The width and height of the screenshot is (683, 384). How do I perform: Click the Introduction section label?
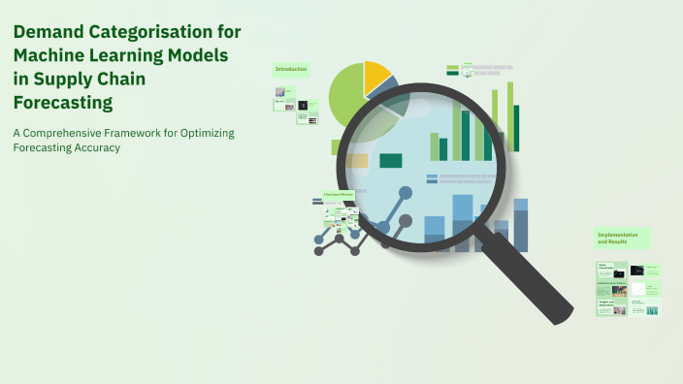pos(291,70)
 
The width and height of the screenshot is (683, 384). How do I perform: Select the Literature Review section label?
pos(339,195)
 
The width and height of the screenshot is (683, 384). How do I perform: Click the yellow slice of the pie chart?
pos(375,76)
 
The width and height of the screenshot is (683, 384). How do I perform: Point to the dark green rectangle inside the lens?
pos(390,161)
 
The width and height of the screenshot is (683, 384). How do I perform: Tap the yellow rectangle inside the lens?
pos(356,161)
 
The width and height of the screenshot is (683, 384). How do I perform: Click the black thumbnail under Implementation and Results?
pos(637,271)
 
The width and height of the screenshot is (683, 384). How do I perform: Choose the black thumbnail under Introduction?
pos(303,105)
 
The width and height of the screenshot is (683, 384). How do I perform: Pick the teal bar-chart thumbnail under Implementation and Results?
pos(652,310)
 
